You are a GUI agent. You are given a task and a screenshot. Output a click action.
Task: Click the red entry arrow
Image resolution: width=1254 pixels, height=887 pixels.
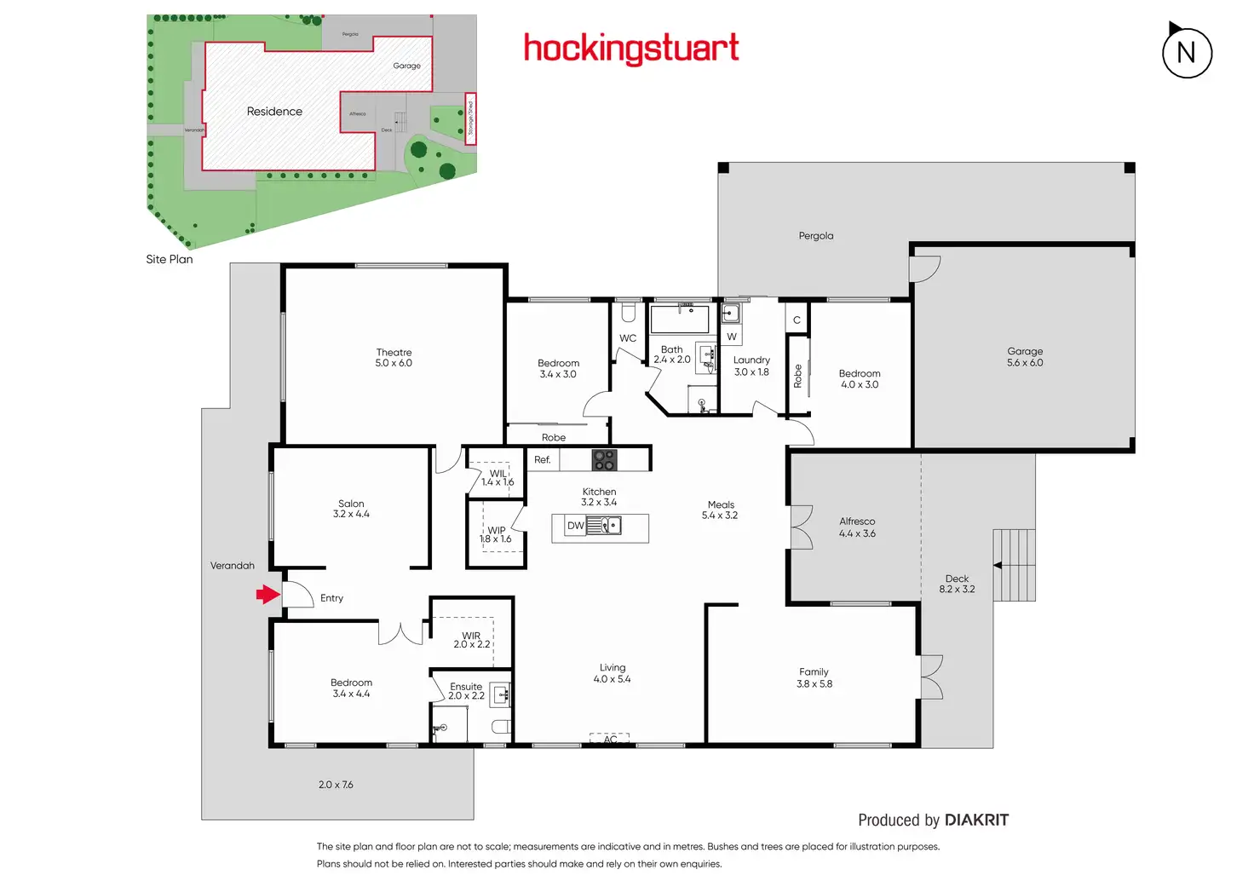(x=268, y=595)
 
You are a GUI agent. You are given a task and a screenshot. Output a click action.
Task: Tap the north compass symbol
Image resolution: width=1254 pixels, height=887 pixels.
(x=1187, y=53)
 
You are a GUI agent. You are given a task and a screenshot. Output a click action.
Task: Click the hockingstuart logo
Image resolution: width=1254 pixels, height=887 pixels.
(x=630, y=49)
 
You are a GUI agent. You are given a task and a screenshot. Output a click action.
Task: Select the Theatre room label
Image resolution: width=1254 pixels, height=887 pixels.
(x=394, y=352)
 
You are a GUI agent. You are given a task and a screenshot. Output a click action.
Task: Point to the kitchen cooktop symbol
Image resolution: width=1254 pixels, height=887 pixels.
(x=604, y=460)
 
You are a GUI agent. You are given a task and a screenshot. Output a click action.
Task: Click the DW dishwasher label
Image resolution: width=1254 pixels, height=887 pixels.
(x=576, y=526)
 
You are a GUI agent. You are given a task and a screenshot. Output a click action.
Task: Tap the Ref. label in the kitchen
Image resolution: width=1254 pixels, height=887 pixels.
(x=543, y=460)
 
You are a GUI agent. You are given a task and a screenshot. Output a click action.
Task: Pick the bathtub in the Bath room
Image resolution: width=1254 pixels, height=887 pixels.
(x=680, y=320)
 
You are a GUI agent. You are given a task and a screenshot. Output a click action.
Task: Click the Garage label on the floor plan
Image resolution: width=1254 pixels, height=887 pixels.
(x=1025, y=351)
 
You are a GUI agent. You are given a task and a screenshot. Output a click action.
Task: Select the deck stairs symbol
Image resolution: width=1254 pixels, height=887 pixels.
(x=1014, y=565)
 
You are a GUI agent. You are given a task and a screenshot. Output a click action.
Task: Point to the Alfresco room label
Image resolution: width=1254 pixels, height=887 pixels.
(x=857, y=521)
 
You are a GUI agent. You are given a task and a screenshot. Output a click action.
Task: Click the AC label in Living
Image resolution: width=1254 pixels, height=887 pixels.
(x=610, y=740)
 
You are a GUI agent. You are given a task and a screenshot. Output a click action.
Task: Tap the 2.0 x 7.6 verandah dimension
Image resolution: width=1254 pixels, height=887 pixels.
(x=336, y=785)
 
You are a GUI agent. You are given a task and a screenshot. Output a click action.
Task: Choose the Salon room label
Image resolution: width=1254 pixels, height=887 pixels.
(x=351, y=504)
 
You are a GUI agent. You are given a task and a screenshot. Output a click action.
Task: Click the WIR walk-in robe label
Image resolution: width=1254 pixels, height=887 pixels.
(x=471, y=636)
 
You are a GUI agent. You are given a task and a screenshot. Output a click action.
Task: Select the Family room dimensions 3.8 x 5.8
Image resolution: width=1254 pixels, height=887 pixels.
(x=814, y=684)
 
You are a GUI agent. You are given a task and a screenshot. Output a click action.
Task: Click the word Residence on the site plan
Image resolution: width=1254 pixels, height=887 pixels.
(x=274, y=112)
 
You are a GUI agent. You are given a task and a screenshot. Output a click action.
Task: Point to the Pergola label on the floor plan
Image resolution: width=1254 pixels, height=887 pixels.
(x=816, y=236)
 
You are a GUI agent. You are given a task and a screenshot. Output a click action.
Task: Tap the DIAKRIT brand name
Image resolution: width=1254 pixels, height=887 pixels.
(x=976, y=820)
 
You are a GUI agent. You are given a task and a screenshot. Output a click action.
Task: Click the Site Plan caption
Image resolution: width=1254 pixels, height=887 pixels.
(x=170, y=259)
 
